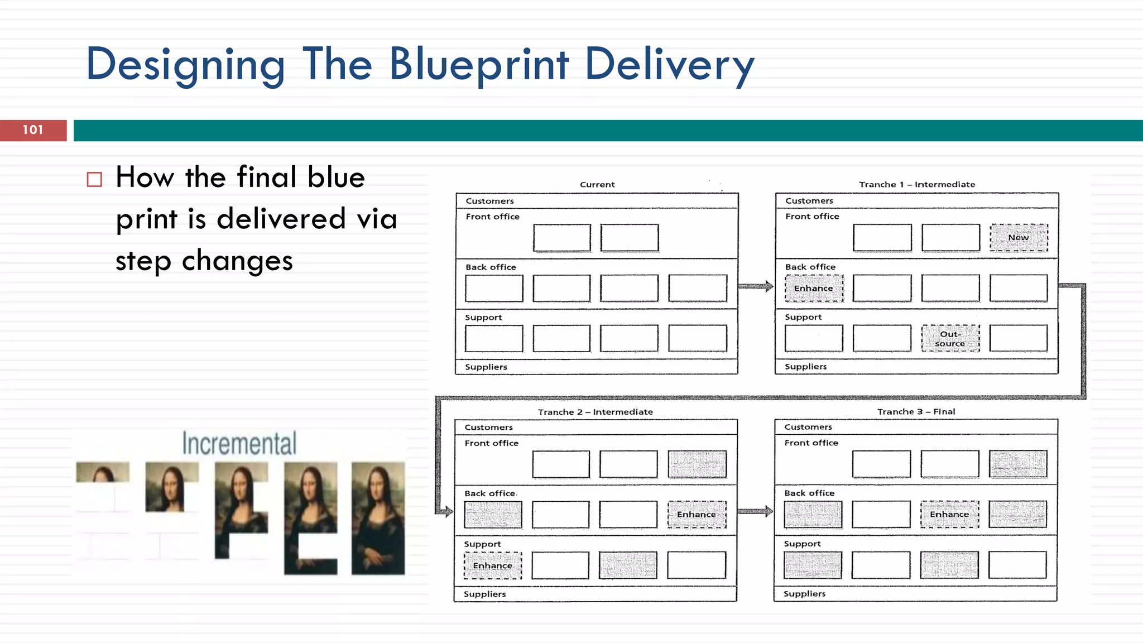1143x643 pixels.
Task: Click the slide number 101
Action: (33, 130)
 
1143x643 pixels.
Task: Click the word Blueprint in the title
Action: (479, 64)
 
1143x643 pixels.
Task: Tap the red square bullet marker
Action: (94, 179)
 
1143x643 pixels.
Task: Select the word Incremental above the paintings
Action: (239, 444)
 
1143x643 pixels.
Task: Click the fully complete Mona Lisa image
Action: (378, 518)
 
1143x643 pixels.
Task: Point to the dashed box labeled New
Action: (1019, 238)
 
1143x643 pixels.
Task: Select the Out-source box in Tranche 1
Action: (950, 338)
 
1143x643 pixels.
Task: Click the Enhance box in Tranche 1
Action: (814, 288)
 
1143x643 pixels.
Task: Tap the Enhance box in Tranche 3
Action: (949, 514)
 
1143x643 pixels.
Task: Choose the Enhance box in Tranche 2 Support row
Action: (492, 565)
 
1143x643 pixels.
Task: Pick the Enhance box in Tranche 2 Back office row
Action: (697, 514)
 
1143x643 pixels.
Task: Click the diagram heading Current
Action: (597, 184)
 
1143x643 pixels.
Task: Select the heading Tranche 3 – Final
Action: (916, 411)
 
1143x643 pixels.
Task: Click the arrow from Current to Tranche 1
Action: (756, 286)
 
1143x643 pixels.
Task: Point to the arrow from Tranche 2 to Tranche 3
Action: (755, 511)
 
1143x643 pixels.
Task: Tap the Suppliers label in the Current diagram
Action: (486, 367)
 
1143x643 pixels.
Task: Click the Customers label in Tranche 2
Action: (488, 427)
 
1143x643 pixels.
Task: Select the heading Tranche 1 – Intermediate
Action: (917, 184)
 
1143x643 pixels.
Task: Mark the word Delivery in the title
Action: (669, 64)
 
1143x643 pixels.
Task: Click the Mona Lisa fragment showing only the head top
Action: (103, 472)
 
